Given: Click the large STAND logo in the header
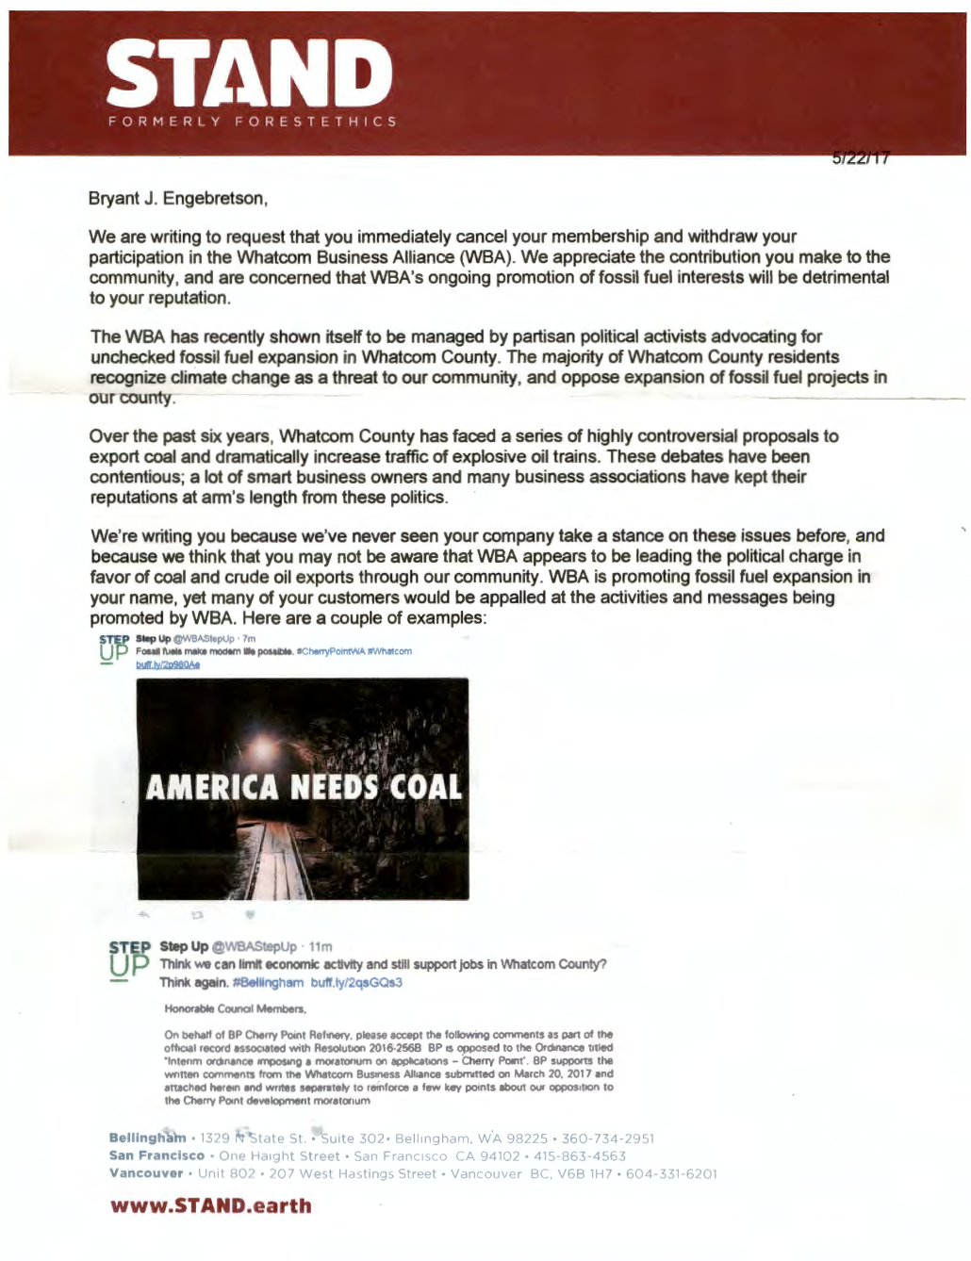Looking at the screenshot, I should click(x=250, y=74).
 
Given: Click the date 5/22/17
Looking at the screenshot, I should click(x=860, y=158).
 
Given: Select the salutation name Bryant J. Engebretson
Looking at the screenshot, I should click(x=177, y=199).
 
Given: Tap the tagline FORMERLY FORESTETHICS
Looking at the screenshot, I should click(x=252, y=122).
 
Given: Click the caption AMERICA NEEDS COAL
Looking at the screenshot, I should click(x=303, y=787).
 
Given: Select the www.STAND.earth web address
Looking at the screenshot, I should click(x=210, y=1205).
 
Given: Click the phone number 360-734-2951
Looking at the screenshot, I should click(x=607, y=1138).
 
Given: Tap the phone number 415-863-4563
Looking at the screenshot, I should click(x=579, y=1156).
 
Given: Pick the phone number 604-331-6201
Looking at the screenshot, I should click(x=671, y=1174).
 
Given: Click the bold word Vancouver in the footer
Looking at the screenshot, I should click(x=146, y=1173).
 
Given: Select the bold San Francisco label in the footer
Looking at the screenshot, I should click(x=156, y=1155).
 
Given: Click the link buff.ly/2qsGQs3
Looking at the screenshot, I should click(x=356, y=982).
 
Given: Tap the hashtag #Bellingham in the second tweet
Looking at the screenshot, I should click(x=268, y=982).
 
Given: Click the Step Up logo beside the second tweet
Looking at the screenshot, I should click(x=128, y=961).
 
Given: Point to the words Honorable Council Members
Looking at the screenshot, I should click(x=222, y=1009).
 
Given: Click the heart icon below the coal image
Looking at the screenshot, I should click(x=250, y=914).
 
